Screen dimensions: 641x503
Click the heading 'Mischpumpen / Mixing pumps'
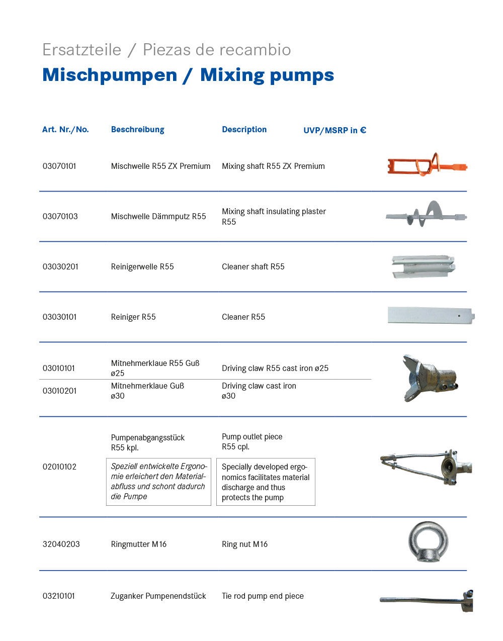(x=188, y=75)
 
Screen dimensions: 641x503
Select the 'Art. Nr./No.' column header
(x=65, y=130)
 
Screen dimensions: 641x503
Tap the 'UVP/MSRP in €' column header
(x=334, y=130)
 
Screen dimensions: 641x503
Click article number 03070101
(x=59, y=166)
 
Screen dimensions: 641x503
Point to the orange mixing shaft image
(x=427, y=165)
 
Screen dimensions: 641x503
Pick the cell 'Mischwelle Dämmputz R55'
(x=158, y=217)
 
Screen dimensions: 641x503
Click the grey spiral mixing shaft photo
(x=426, y=215)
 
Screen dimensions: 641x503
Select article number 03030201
(x=60, y=266)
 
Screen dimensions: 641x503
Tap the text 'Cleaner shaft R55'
(x=253, y=266)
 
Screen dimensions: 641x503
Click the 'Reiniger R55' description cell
(x=133, y=317)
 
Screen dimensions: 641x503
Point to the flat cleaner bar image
(x=431, y=316)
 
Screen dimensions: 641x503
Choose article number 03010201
(x=59, y=391)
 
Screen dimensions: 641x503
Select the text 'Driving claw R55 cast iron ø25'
(x=275, y=368)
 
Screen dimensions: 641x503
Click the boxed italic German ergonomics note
(x=158, y=482)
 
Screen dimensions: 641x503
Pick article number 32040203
(x=61, y=544)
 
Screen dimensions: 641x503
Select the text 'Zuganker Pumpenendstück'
(x=158, y=596)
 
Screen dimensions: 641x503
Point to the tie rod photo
(x=427, y=599)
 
